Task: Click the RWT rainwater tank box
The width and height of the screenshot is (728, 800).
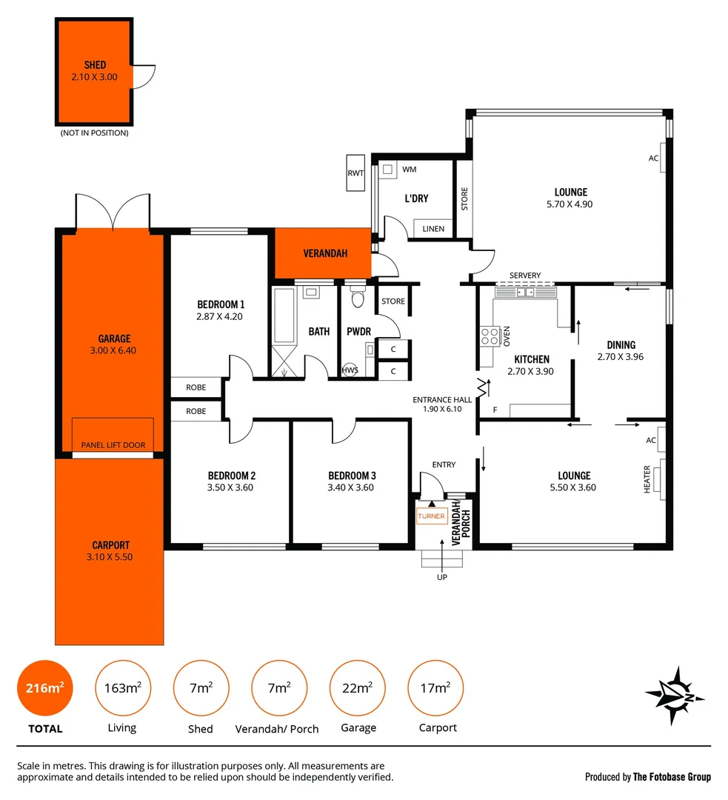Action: pyautogui.click(x=355, y=173)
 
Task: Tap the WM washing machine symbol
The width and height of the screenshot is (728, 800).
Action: pyautogui.click(x=387, y=170)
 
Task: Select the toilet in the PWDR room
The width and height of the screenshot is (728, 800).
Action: pyautogui.click(x=358, y=298)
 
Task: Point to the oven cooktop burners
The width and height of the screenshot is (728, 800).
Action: pyautogui.click(x=490, y=337)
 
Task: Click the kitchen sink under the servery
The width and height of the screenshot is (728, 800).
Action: pyautogui.click(x=525, y=292)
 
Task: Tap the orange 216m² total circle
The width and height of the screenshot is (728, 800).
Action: pyautogui.click(x=44, y=688)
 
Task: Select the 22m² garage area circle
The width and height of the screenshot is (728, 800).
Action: pyautogui.click(x=357, y=688)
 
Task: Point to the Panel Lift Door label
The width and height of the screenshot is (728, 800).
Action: pyautogui.click(x=113, y=445)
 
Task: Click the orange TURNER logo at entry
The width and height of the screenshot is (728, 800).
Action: pyautogui.click(x=431, y=516)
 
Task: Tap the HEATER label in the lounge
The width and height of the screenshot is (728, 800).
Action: pyautogui.click(x=647, y=479)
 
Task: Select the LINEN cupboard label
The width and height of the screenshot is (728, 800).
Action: pyautogui.click(x=433, y=229)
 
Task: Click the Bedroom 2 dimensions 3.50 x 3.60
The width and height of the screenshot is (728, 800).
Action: pyautogui.click(x=231, y=487)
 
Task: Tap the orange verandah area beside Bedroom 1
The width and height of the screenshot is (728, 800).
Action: pyautogui.click(x=324, y=253)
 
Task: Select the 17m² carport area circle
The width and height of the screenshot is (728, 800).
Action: pyautogui.click(x=435, y=688)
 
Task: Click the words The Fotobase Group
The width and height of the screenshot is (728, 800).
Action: pyautogui.click(x=672, y=777)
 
